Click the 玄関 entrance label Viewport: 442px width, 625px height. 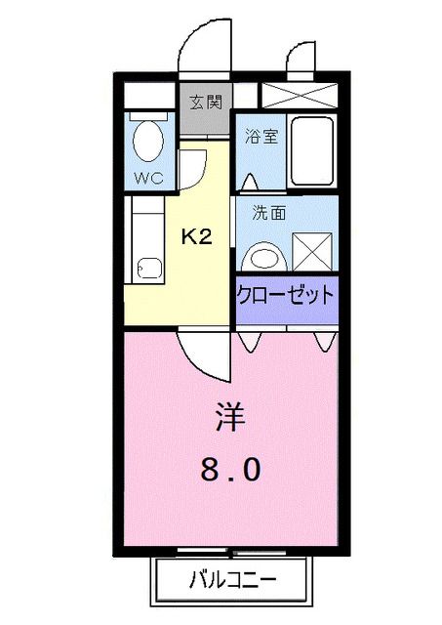coord(205,102)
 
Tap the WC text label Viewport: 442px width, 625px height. coord(148,178)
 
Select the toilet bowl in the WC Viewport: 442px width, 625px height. coord(149,142)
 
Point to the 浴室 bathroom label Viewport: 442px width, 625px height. coord(261,135)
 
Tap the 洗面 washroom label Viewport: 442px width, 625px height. coord(268,212)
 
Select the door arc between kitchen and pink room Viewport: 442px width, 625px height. coord(203,355)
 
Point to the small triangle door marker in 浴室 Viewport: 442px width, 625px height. coord(249,182)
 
